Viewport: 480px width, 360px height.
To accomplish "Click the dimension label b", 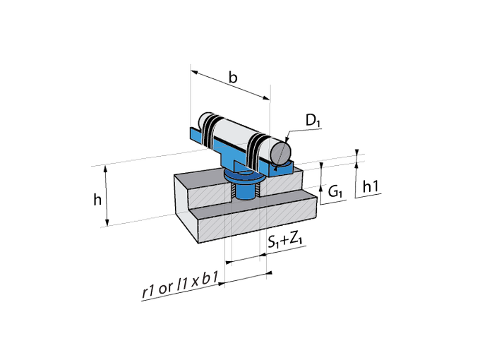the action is click(x=233, y=78).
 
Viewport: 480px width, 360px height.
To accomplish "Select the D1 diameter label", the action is click(x=313, y=120).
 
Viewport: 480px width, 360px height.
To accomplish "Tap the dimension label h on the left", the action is click(x=97, y=200).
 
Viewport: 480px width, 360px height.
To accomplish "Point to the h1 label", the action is click(x=371, y=186).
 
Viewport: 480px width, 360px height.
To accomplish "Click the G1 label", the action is click(x=335, y=192).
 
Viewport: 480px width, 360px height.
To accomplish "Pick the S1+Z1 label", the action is click(x=285, y=240).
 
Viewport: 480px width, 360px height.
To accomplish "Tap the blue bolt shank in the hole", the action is click(x=244, y=191).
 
